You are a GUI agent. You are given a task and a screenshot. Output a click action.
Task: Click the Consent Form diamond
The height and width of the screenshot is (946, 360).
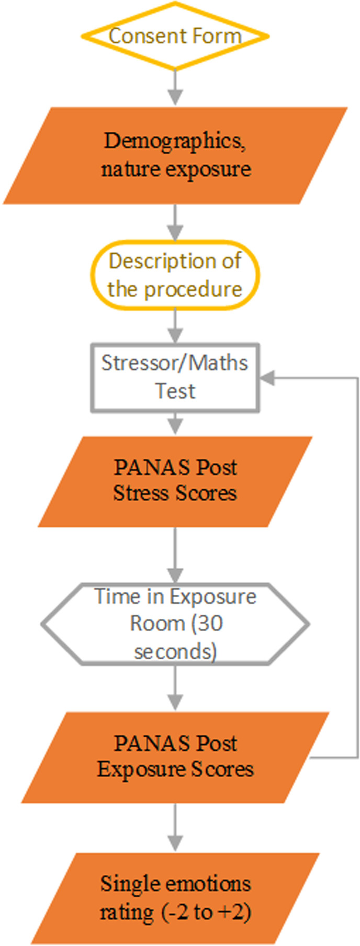(175, 36)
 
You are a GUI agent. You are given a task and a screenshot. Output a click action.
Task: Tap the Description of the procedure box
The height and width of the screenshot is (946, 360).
(175, 275)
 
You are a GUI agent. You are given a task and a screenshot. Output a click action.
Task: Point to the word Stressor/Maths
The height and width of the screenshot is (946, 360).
(175, 363)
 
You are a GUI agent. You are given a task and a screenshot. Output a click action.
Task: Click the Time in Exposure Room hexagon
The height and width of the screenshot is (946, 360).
(175, 624)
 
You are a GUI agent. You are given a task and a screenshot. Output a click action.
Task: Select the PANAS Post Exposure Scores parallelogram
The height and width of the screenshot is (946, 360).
(175, 757)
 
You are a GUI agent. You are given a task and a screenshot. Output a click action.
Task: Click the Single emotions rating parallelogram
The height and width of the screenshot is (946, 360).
(175, 898)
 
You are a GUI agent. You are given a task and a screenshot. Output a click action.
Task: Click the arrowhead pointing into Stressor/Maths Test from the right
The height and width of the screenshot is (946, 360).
(267, 378)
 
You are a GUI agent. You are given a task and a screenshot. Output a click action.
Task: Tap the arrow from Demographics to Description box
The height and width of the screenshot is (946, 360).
(175, 222)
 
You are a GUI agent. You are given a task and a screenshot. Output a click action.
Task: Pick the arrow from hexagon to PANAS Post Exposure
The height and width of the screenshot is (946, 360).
(175, 689)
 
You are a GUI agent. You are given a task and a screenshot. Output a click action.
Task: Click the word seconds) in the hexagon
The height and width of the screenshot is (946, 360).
(175, 652)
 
